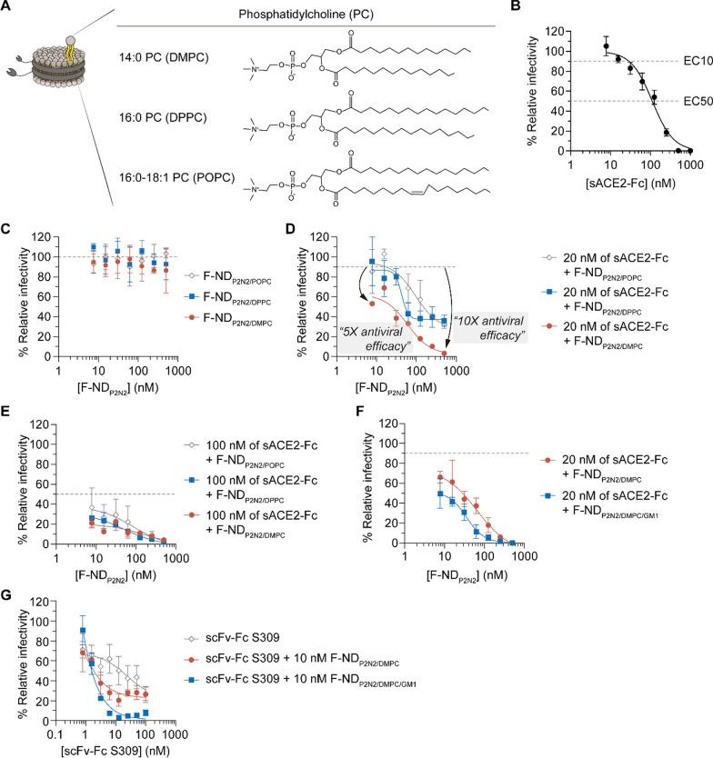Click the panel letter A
(x=9, y=8)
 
